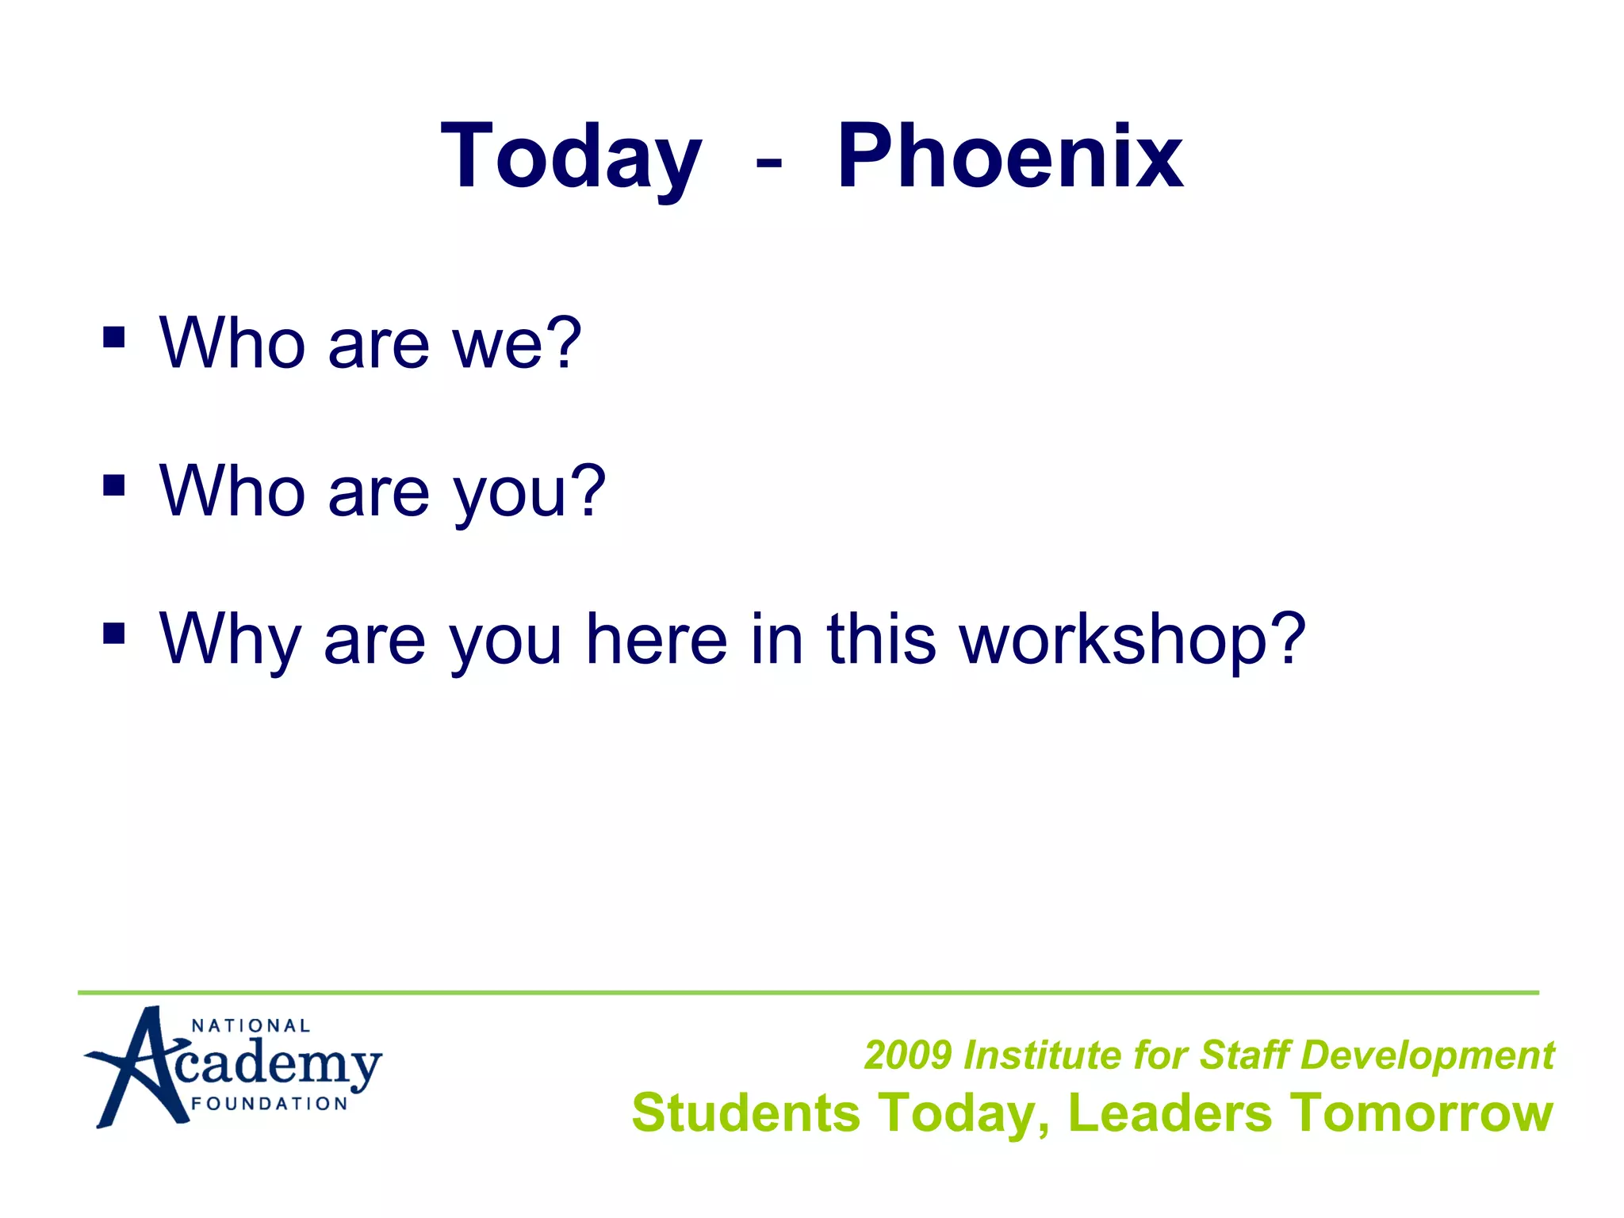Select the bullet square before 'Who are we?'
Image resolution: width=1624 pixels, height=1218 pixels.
point(114,338)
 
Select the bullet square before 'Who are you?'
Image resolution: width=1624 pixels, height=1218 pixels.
point(114,485)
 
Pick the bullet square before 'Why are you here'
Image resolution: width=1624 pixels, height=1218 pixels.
point(114,633)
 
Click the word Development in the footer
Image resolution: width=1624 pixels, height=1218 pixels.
point(1427,1055)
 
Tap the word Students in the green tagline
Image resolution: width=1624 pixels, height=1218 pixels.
point(745,1113)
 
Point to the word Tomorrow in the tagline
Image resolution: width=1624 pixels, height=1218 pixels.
point(1420,1113)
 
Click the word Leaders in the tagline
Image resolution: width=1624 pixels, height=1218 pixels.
point(1170,1113)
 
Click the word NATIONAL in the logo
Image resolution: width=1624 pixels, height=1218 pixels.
point(251,1026)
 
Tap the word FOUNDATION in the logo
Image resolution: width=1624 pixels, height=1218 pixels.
point(270,1104)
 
